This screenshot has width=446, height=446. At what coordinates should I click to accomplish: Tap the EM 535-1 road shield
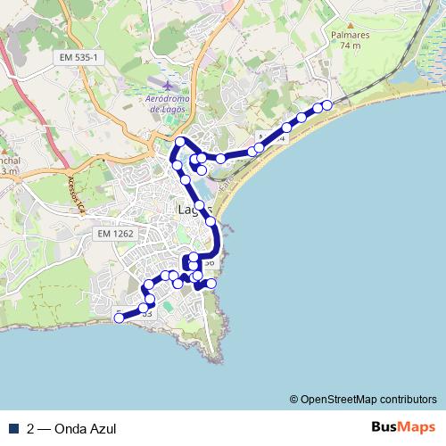78,57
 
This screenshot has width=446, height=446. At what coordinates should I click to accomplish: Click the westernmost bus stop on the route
119,317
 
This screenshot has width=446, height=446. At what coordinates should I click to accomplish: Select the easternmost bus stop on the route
327,105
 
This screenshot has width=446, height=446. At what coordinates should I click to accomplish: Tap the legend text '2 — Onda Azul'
71,427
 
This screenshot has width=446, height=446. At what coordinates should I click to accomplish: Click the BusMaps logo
403,426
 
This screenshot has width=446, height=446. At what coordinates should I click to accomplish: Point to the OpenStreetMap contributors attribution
368,399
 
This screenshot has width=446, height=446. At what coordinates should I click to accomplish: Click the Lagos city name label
192,211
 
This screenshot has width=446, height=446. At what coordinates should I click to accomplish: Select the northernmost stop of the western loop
180,142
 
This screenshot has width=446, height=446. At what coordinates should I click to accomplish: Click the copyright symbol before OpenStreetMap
294,399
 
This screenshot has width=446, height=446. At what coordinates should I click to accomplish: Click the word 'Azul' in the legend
102,427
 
